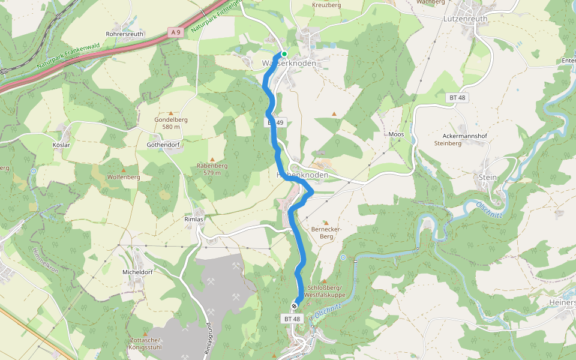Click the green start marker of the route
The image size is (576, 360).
(284, 54)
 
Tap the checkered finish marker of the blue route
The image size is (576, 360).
(294, 307)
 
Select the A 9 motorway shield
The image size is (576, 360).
(175, 32)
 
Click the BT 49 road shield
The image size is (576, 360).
(275, 122)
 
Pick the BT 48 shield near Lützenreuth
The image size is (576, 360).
(457, 97)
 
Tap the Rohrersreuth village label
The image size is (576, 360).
(124, 34)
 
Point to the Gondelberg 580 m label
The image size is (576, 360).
(171, 123)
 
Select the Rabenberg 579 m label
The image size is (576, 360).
(212, 169)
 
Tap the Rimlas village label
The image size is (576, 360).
(194, 220)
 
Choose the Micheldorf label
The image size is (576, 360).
(137, 272)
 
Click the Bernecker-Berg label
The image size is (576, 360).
(326, 233)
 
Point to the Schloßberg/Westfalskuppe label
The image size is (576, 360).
(324, 292)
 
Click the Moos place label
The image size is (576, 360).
(396, 134)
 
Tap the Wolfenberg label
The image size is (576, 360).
(123, 177)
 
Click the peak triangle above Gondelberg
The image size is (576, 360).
(171, 113)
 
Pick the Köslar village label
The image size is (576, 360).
(61, 145)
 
